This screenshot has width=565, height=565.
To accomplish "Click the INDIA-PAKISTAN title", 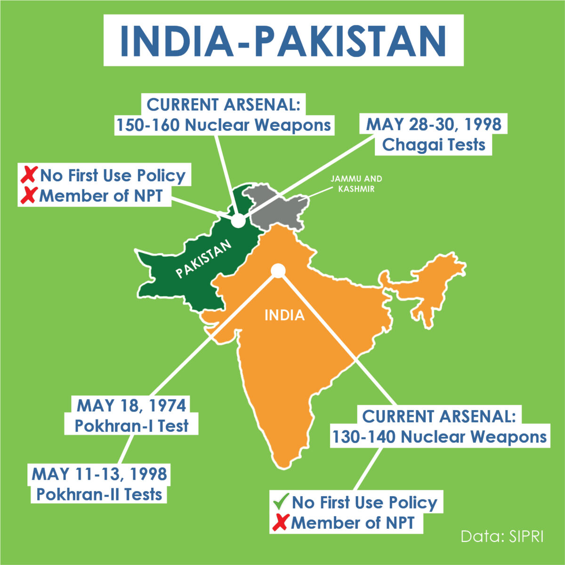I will (283, 40).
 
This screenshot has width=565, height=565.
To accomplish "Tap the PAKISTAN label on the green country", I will (204, 258).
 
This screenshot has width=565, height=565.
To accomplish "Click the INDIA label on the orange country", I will (284, 315).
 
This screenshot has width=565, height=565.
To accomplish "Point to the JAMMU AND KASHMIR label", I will (356, 184).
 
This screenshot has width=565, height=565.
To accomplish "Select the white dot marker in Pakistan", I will (238, 220).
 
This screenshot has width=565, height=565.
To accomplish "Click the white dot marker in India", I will (278, 270).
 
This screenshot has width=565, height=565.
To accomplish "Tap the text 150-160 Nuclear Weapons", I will (224, 125).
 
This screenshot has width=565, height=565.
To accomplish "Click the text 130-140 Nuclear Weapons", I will (439, 437).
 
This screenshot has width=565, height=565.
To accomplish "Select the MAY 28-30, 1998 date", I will (433, 124).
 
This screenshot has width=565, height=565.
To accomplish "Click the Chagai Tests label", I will (433, 145).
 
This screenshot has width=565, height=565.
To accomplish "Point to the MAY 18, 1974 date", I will (131, 405).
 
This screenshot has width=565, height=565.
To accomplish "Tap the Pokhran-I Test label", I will (131, 426).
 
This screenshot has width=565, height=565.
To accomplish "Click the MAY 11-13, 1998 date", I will (99, 474).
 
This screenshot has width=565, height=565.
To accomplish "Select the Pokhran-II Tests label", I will (99, 494).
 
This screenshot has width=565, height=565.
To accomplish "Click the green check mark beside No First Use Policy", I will (281, 502).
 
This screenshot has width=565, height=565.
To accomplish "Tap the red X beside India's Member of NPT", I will (281, 523).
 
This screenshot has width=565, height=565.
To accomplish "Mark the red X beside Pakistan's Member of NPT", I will (29, 195).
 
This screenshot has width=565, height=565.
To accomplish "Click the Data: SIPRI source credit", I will (502, 537).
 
